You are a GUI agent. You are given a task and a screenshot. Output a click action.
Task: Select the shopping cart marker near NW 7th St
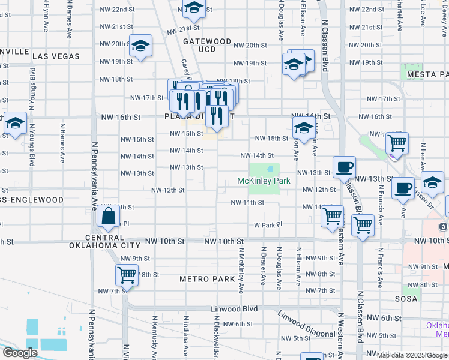pos(127,275)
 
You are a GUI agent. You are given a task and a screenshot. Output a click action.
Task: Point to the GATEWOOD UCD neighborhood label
pos(206,45)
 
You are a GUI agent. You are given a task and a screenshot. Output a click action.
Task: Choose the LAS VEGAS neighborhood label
pos(56,56)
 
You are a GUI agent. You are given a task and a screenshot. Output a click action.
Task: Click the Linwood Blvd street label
pos(234,309)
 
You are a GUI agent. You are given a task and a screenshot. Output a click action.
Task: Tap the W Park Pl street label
pos(268,225)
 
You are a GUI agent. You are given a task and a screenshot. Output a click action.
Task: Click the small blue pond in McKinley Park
pos(271,169)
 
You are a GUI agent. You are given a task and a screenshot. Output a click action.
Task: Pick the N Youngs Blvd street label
pos(32,144)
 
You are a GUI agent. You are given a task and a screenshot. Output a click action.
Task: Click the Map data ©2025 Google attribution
pos(411,355)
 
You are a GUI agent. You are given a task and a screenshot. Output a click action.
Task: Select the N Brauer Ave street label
pos(263,265)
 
